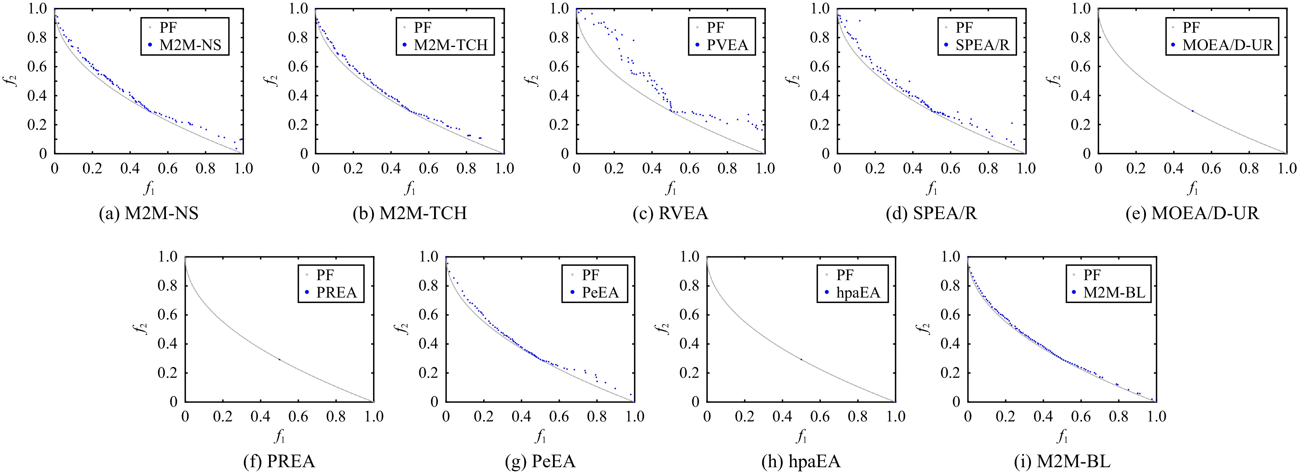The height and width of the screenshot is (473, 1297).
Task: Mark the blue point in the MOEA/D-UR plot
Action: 1192,110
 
